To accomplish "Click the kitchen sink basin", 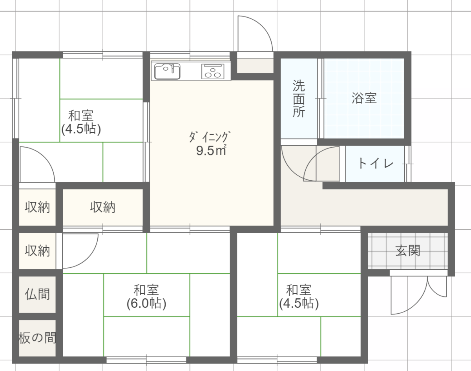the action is pyautogui.click(x=167, y=71).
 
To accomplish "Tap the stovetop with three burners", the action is pyautogui.click(x=213, y=71).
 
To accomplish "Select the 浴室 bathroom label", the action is pyautogui.click(x=364, y=98).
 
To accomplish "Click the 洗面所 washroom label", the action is pyautogui.click(x=299, y=99).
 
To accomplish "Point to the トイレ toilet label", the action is pyautogui.click(x=376, y=163).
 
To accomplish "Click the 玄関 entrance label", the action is pyautogui.click(x=407, y=251).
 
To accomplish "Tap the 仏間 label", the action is pyautogui.click(x=37, y=294).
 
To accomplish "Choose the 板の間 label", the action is pyautogui.click(x=37, y=338).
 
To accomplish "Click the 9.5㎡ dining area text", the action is pyautogui.click(x=211, y=150).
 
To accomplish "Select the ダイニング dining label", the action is pyautogui.click(x=210, y=137).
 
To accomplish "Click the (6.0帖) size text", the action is pyautogui.click(x=146, y=303).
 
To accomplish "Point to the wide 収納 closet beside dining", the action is pyautogui.click(x=103, y=207).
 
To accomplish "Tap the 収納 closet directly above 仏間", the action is pyautogui.click(x=37, y=251).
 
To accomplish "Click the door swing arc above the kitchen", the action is pyautogui.click(x=263, y=26).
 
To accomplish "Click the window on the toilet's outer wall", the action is pyautogui.click(x=407, y=164).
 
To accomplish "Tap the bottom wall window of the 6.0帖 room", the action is pyautogui.click(x=146, y=360).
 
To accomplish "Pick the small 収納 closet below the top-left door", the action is pyautogui.click(x=37, y=207).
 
